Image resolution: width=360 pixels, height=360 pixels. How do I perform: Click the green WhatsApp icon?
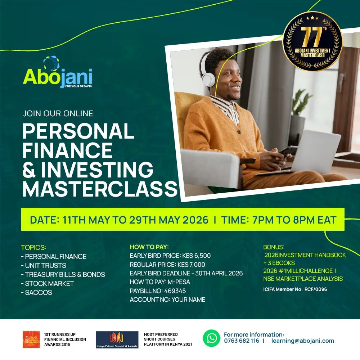pyautogui.click(x=211, y=338)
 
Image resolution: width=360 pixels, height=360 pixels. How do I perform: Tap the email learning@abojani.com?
pyautogui.click(x=302, y=341)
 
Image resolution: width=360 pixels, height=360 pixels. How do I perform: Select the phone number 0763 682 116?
pyautogui.click(x=241, y=341)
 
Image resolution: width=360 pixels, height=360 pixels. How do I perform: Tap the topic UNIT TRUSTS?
pyautogui.click(x=45, y=265)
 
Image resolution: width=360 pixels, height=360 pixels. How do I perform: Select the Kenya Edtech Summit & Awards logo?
pyautogui.click(x=117, y=339)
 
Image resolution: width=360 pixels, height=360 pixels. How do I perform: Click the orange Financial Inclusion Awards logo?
pyautogui.click(x=31, y=339)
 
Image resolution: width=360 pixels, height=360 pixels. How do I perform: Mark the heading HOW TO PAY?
pyautogui.click(x=149, y=247)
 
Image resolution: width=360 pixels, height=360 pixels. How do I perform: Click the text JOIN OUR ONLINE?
pyautogui.click(x=58, y=113)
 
